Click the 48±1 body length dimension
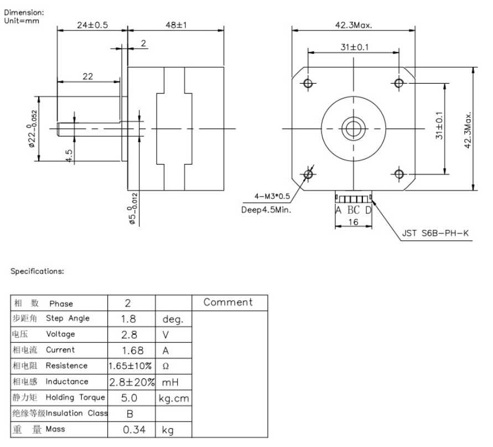pos(176,25)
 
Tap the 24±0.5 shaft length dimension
pos(92,25)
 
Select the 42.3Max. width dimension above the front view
pos(354,25)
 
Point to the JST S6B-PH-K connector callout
pos(435,233)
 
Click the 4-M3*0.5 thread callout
pos(272,197)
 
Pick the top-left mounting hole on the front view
pos(308,84)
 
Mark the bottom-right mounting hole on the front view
pos(399,174)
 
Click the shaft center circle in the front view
pos(354,129)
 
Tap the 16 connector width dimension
pos(354,222)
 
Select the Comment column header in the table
pos(228,302)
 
